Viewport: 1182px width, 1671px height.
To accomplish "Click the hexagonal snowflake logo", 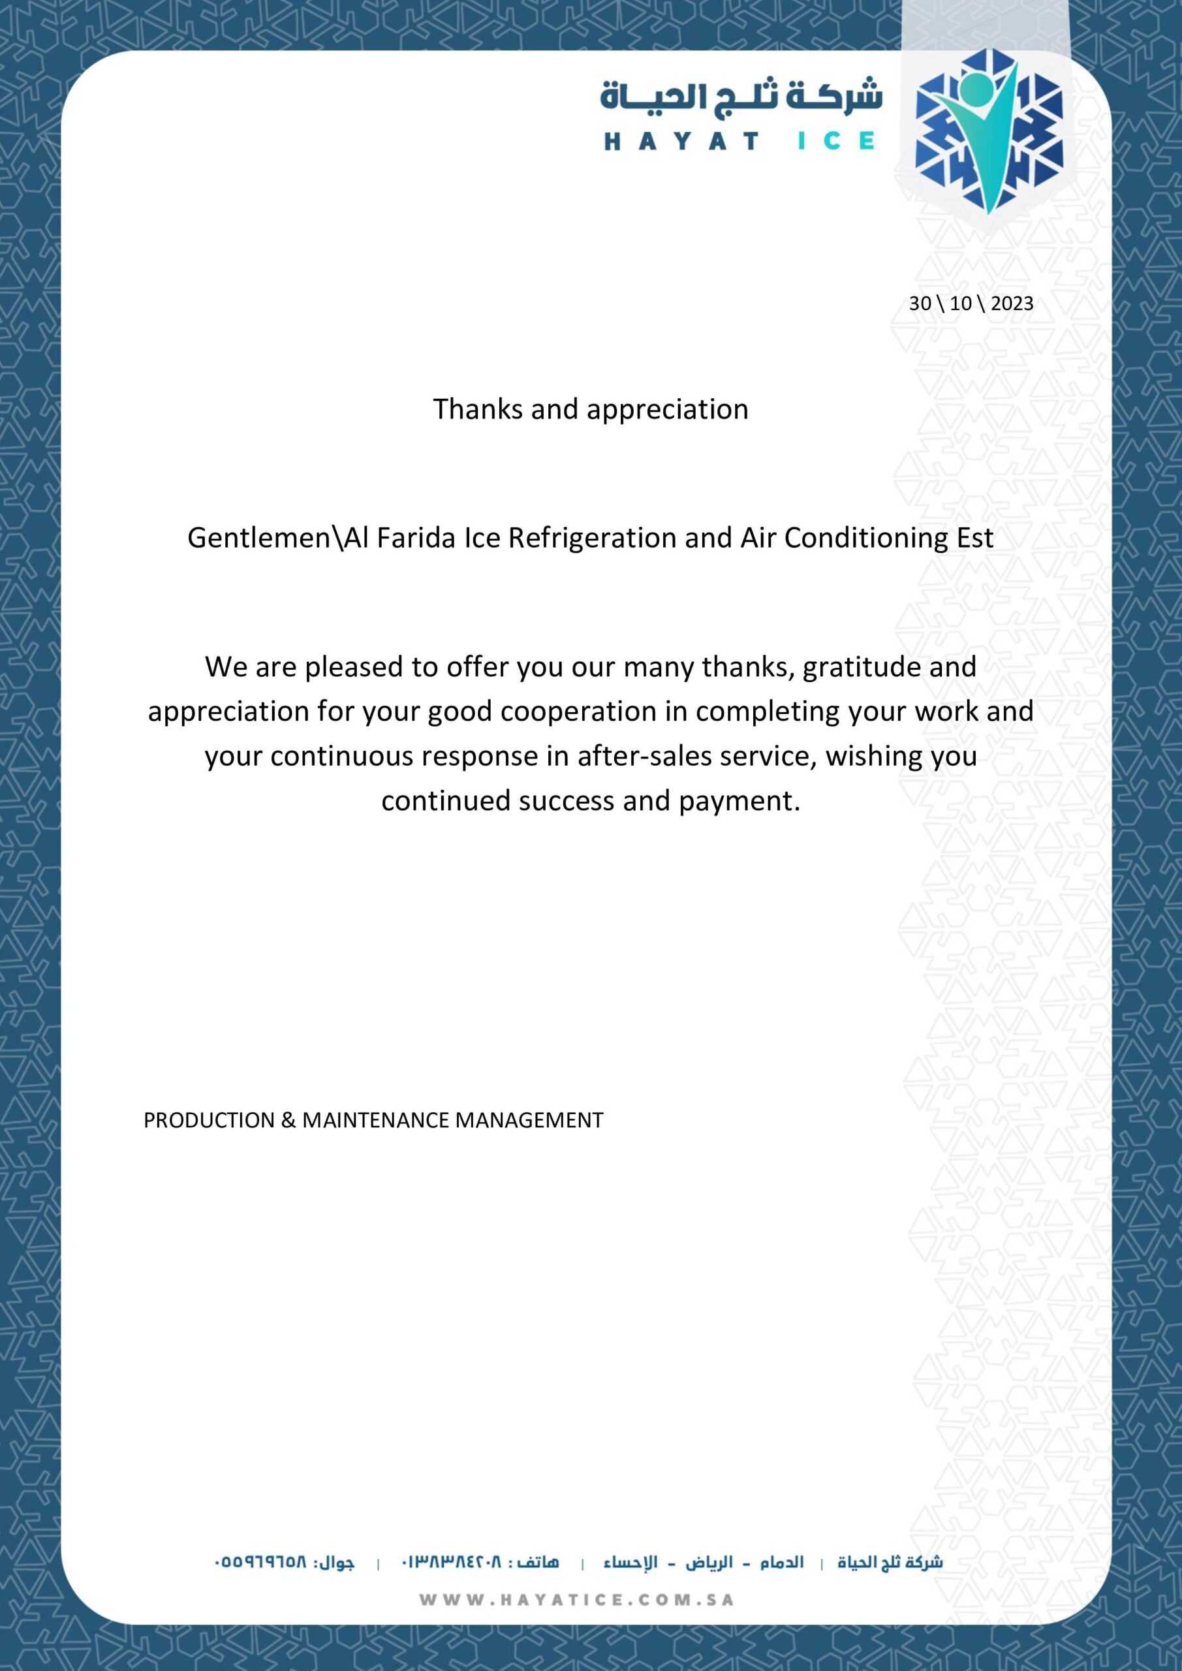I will click(988, 131).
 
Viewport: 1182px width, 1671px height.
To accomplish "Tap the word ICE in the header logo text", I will click(835, 141).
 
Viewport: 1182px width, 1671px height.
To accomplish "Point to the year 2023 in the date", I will click(1012, 304).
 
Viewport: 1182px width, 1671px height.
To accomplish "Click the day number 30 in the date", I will click(920, 304).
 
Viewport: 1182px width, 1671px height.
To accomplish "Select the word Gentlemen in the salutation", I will click(259, 538).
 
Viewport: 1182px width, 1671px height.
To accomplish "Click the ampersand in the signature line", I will click(288, 1120).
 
